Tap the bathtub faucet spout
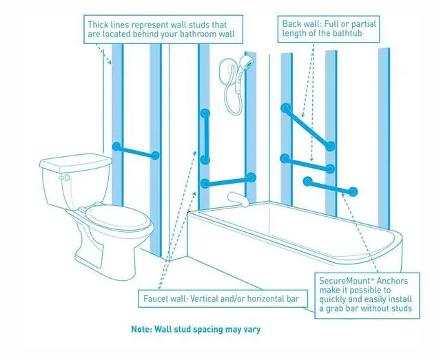click(236, 199)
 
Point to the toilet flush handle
click(65, 178)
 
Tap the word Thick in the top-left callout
click(99, 25)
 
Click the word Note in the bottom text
click(143, 330)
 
